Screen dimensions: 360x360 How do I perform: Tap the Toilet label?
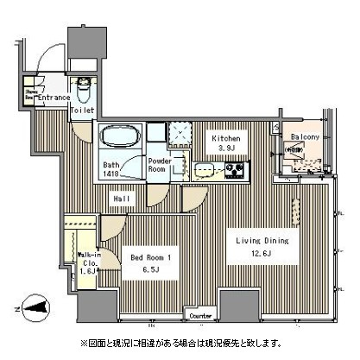[x=83, y=111]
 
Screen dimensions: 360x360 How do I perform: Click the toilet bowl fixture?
[x=84, y=88]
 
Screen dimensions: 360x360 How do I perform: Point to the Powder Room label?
[x=159, y=164]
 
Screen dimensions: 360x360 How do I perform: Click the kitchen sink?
[x=204, y=169]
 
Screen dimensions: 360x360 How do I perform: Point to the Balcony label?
[x=305, y=137]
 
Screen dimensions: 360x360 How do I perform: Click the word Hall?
[x=123, y=199]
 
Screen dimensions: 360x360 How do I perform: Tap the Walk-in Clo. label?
[x=88, y=260]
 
